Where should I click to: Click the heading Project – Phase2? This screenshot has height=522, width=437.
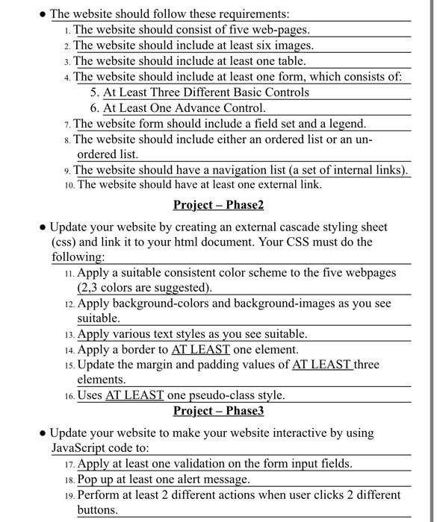(x=218, y=205)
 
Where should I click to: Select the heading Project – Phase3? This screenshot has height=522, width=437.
(x=218, y=411)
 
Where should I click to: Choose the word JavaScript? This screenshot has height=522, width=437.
(x=77, y=448)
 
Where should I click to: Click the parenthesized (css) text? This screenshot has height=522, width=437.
(x=64, y=242)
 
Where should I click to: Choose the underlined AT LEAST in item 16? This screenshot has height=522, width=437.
(x=134, y=395)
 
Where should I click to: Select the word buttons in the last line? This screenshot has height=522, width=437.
(x=97, y=510)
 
